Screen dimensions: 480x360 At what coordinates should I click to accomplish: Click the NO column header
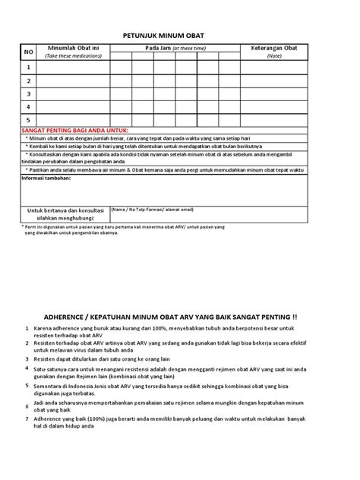point(29,52)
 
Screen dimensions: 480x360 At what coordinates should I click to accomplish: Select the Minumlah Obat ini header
point(77,48)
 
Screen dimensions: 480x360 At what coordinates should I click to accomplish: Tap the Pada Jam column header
point(176,48)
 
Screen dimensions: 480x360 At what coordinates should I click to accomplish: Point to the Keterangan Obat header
point(274,48)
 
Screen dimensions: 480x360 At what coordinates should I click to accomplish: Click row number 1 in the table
point(29,67)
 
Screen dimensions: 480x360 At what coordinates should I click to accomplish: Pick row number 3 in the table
point(29,93)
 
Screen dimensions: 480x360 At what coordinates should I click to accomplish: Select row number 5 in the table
point(29,120)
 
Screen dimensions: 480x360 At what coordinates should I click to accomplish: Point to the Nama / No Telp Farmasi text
point(152,209)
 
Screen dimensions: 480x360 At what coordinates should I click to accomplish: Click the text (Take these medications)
point(76,55)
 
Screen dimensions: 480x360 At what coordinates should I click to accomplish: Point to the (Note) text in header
point(274,55)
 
